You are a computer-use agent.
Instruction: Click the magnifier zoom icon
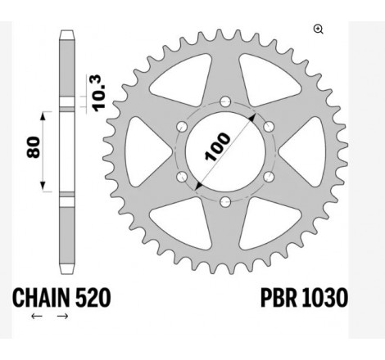318,29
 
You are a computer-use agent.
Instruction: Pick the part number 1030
324,295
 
